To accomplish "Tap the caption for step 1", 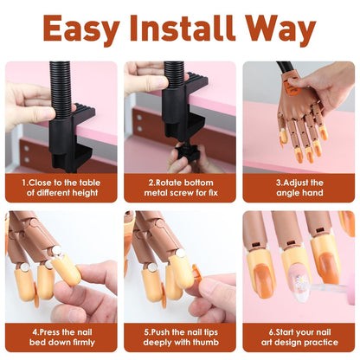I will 61,189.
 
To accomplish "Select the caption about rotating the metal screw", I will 179,189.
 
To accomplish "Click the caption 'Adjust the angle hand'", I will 299,189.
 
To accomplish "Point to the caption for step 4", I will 61,337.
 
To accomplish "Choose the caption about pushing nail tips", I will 179,337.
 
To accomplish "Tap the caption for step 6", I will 299,337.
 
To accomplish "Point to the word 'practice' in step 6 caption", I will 325,343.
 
